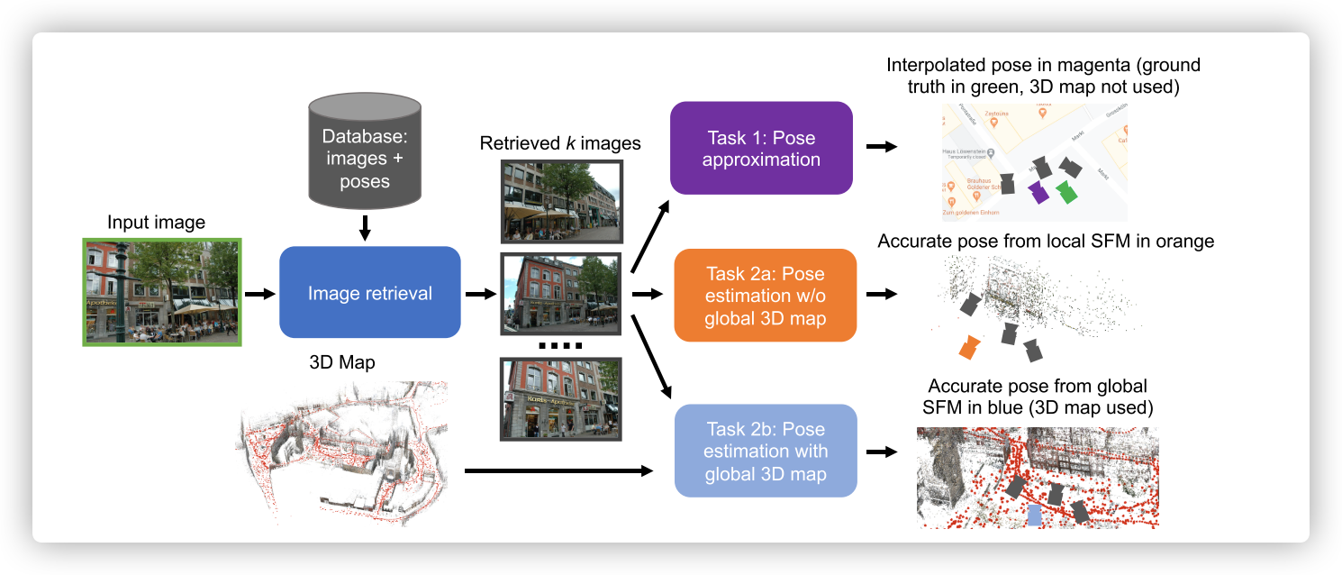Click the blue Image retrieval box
click(370, 293)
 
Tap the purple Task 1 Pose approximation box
click(761, 148)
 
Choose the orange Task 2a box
click(765, 295)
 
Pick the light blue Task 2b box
click(765, 451)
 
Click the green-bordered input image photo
click(161, 291)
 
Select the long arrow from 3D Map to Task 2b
click(558, 470)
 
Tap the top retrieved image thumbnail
click(561, 201)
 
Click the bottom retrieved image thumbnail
click(561, 399)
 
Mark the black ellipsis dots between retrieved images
click(560, 346)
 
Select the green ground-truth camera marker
click(1067, 191)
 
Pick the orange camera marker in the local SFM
click(969, 346)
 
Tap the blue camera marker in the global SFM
click(1034, 515)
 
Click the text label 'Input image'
click(156, 223)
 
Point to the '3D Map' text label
click(341, 363)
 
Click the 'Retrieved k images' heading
click(559, 143)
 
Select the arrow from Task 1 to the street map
click(881, 146)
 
